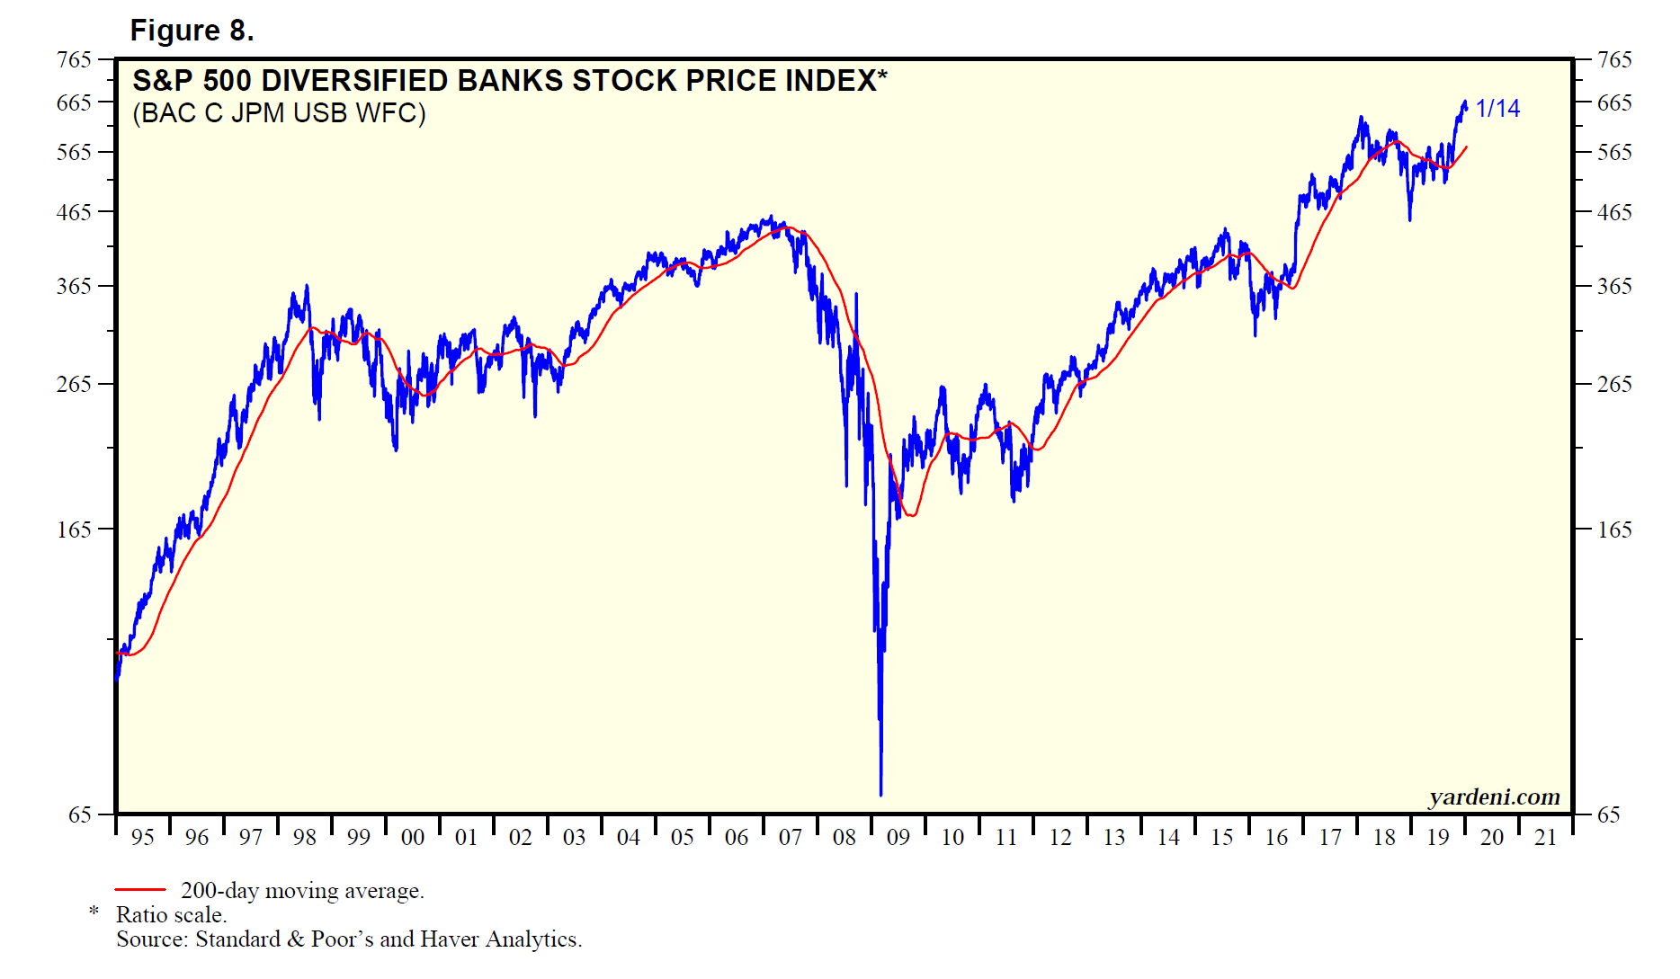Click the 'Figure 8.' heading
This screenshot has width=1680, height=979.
pos(192,31)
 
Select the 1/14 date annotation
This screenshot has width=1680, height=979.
pos(1497,109)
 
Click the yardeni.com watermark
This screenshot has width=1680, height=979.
pos(1494,797)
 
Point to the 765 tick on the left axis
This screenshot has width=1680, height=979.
pos(74,59)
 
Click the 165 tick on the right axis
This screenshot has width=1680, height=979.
pos(1613,530)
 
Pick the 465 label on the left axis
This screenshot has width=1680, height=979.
pos(74,212)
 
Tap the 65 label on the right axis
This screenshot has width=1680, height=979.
pos(1608,814)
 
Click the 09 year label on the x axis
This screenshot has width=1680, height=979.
pos(898,838)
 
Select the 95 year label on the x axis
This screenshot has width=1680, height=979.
pos(142,838)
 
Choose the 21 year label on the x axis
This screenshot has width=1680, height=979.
pos(1545,838)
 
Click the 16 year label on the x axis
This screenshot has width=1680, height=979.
pos(1275,838)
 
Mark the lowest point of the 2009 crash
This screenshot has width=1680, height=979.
pos(880,794)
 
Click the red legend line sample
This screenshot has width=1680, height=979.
pos(140,890)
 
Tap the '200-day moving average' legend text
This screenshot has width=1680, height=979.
pos(302,891)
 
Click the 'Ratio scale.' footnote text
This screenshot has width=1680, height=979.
pos(171,915)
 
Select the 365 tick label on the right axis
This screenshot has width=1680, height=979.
pos(1613,286)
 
